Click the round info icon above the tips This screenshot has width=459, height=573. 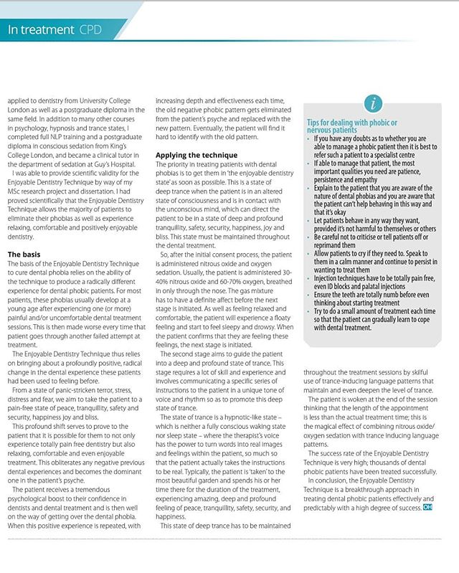click(x=372, y=103)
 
